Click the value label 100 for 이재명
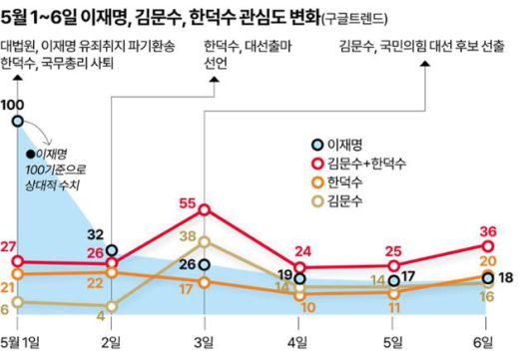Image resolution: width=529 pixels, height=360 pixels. pyautogui.click(x=14, y=105)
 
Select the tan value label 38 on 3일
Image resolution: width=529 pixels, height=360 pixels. pyautogui.click(x=188, y=236)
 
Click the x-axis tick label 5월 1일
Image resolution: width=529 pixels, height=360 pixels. pyautogui.click(x=22, y=343)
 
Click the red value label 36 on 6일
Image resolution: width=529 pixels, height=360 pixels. pyautogui.click(x=488, y=230)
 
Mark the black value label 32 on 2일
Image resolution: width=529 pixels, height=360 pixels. pyautogui.click(x=96, y=234)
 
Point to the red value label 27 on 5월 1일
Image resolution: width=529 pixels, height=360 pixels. pyautogui.click(x=9, y=247)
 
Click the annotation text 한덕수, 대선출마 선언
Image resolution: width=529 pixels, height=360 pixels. pyautogui.click(x=234, y=55)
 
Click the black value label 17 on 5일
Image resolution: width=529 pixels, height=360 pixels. pyautogui.click(x=408, y=275)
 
